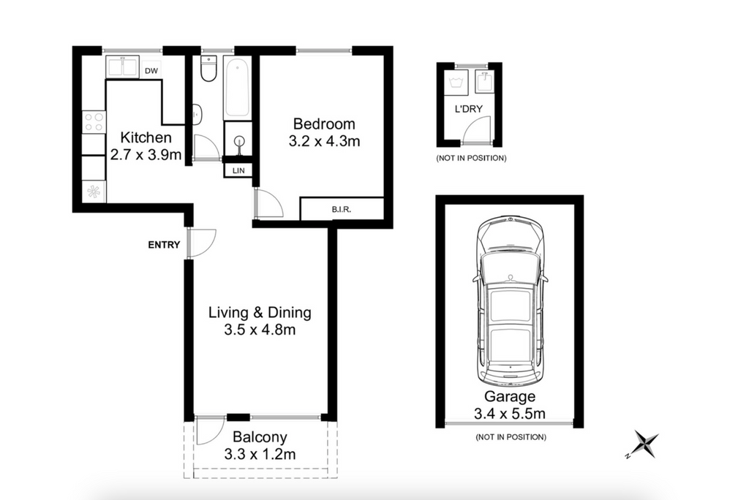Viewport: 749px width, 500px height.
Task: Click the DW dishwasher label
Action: point(151,71)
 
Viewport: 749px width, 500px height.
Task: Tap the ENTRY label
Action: point(164,245)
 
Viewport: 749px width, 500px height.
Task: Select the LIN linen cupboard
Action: point(238,170)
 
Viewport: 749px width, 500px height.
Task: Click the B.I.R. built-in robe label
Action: point(342,209)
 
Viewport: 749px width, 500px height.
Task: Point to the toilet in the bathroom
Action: point(208,68)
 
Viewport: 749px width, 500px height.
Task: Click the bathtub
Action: point(237,88)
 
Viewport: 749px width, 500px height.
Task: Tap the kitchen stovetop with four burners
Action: point(94,121)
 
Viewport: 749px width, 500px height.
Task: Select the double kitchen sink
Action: point(122,67)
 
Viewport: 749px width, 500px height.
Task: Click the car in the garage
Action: point(510,301)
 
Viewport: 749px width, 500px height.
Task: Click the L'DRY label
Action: point(468,109)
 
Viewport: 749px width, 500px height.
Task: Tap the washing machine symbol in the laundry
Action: point(456,82)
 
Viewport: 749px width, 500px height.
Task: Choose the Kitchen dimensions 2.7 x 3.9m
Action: point(146,155)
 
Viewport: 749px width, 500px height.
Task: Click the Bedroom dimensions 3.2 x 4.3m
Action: point(324,141)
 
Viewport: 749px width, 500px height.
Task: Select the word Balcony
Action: point(260,437)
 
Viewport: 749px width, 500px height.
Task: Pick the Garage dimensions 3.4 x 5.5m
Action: point(510,414)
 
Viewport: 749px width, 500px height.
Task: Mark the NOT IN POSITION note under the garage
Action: point(511,437)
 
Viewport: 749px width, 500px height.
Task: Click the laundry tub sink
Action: point(485,81)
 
